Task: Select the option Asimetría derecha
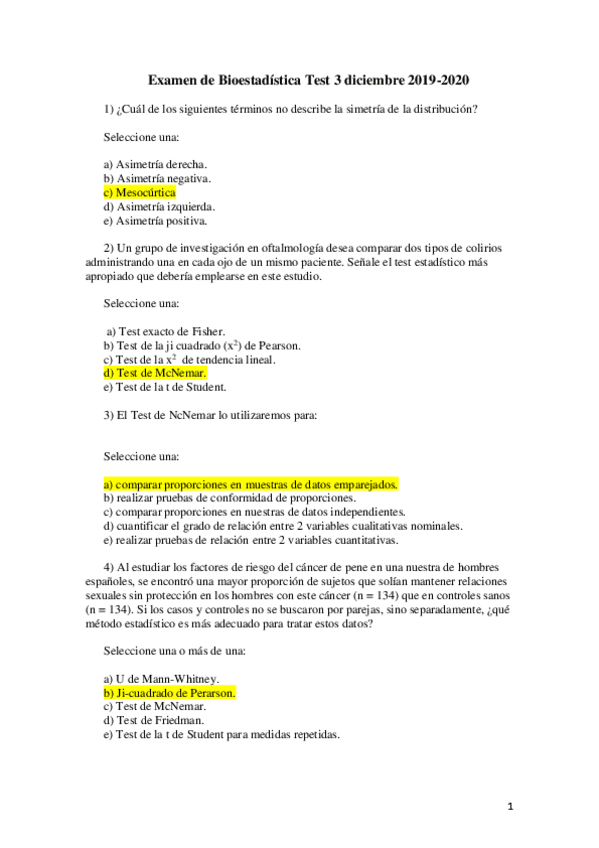[x=156, y=163]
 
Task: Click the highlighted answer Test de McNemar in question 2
[x=155, y=373]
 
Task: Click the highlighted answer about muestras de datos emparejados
[x=251, y=484]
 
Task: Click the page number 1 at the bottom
[x=509, y=807]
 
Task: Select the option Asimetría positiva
[x=156, y=220]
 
